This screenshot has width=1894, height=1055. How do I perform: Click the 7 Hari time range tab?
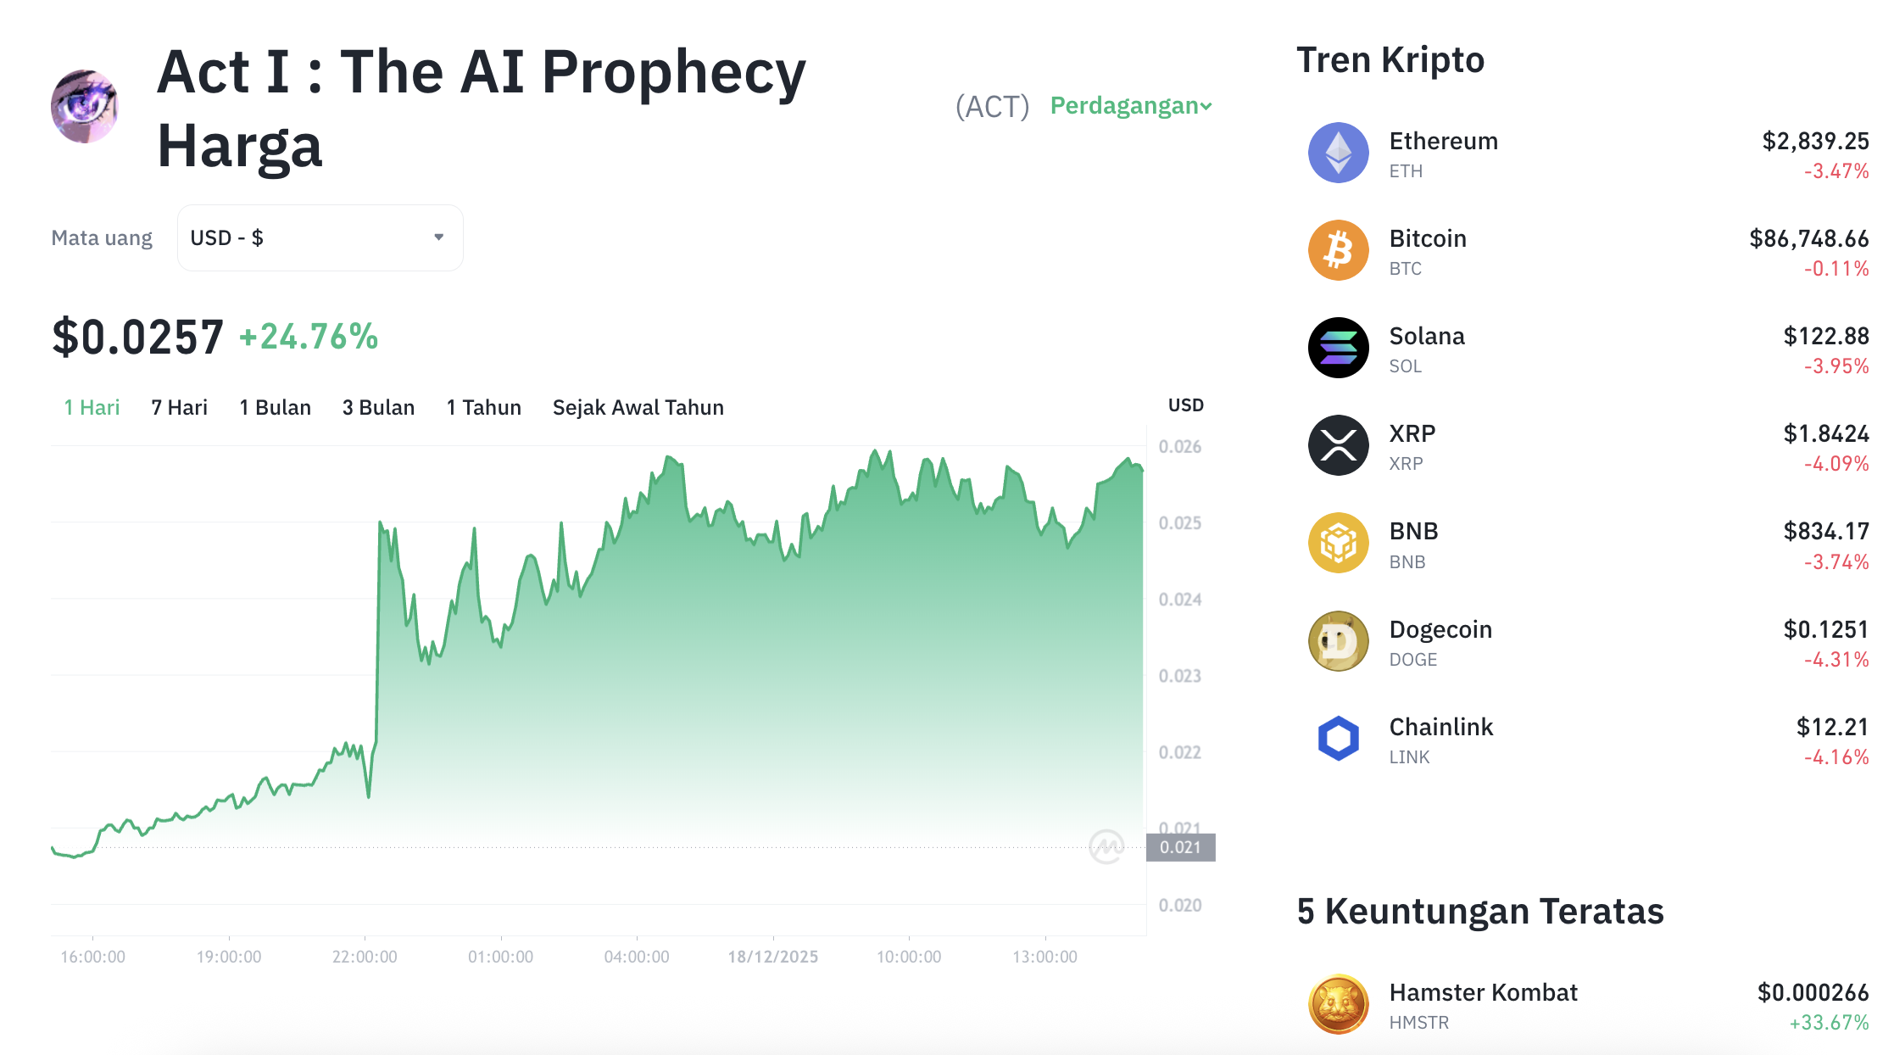(179, 408)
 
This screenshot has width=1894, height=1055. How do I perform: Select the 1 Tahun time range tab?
(483, 408)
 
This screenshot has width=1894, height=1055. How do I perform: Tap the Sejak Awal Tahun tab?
(638, 408)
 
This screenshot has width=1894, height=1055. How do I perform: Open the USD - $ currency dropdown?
(320, 238)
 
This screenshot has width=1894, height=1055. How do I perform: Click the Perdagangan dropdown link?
(1130, 106)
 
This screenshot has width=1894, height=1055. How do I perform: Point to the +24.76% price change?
(309, 337)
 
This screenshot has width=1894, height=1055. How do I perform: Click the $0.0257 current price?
(138, 337)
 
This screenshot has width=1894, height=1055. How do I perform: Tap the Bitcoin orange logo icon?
(1338, 251)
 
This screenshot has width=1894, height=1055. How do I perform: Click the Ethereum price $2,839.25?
(1814, 141)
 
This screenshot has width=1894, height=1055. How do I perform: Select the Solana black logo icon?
(1338, 349)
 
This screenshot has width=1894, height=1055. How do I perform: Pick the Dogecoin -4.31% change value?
(1836, 660)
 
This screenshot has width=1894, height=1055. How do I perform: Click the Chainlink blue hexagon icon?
(1338, 739)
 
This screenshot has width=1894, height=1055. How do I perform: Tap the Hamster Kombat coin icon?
(1338, 1005)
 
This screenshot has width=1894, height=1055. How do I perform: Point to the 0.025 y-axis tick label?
(1179, 523)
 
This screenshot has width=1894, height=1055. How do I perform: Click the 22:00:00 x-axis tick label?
(365, 957)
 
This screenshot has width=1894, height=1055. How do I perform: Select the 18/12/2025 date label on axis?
(772, 957)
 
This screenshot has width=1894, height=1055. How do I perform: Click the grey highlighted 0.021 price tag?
(1180, 847)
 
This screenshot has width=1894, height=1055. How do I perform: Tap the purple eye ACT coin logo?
(85, 107)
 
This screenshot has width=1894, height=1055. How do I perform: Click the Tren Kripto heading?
(1390, 60)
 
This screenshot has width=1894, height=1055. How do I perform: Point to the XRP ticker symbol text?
(1406, 464)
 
